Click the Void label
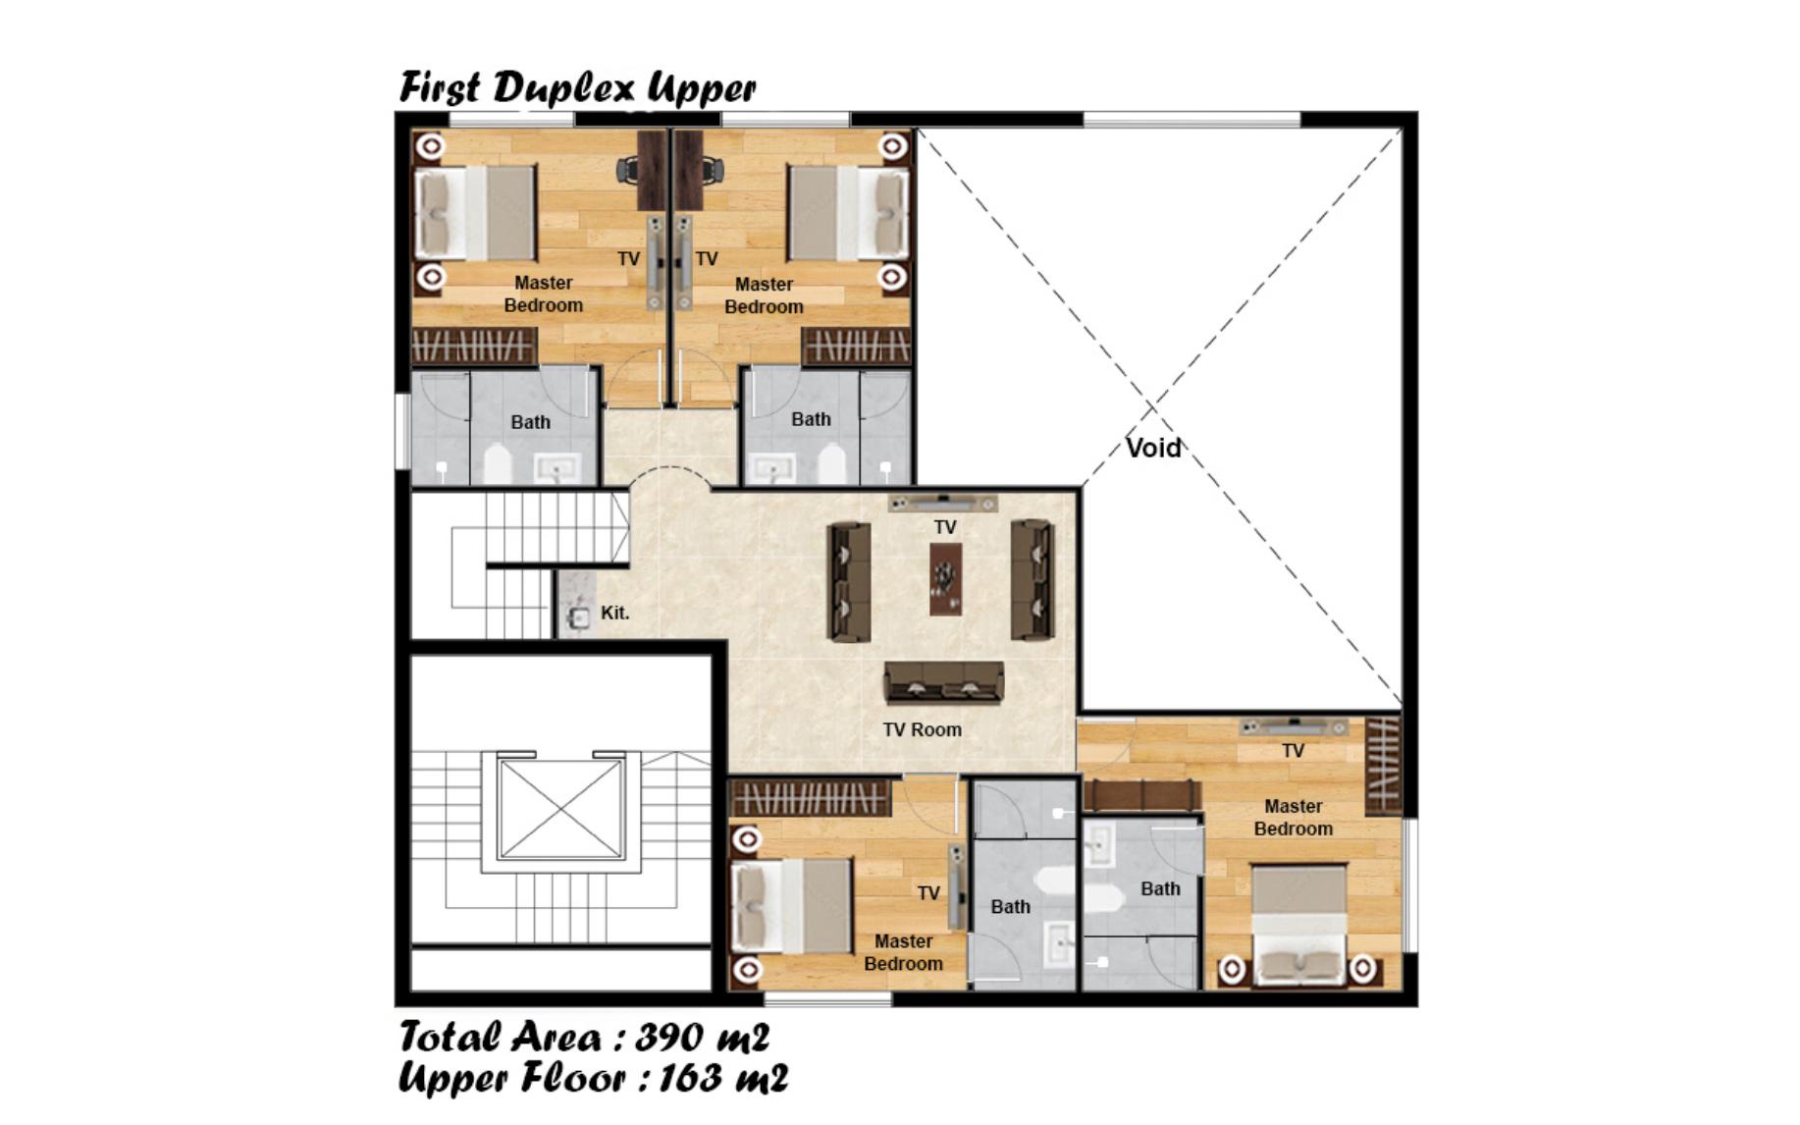tap(1153, 448)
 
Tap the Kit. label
tap(614, 613)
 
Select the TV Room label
tap(922, 729)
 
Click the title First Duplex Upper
tap(577, 87)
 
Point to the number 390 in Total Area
tap(669, 1037)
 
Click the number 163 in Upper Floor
tap(686, 1078)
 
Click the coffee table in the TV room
tap(945, 579)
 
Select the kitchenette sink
tap(578, 617)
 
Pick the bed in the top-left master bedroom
tap(475, 213)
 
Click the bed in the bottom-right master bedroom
tap(1298, 924)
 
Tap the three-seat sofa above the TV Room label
tap(943, 681)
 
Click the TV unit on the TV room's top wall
tap(942, 504)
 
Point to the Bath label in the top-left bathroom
tap(530, 422)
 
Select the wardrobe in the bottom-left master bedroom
tap(810, 798)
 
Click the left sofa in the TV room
tap(848, 581)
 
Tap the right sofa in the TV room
tap(1032, 579)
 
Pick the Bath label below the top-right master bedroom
tap(811, 419)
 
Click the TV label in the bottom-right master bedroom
tap(1293, 751)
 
